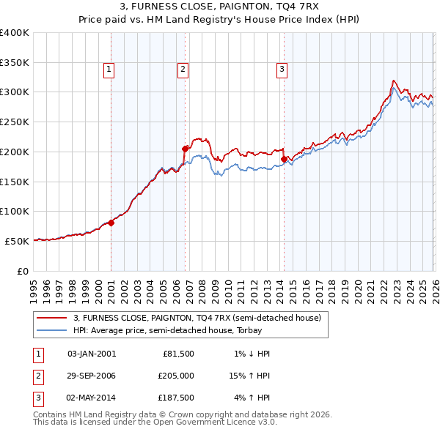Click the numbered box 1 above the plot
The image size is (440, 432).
[109, 70]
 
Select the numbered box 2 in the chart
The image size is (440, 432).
[182, 70]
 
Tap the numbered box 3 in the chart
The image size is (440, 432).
[282, 70]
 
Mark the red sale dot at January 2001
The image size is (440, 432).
[111, 223]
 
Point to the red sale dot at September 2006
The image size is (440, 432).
[185, 149]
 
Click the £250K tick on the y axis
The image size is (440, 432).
[15, 122]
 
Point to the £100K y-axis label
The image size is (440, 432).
[15, 211]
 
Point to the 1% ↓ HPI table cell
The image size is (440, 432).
[252, 354]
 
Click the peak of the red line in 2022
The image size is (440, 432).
[394, 81]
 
